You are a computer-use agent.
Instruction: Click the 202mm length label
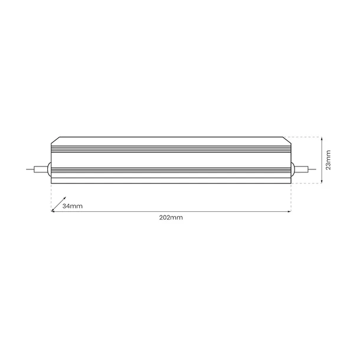(171, 218)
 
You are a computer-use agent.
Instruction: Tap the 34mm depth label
(73, 205)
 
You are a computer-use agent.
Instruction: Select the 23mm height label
(328, 160)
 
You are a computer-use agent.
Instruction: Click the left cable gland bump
(49, 169)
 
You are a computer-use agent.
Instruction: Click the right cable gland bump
(293, 169)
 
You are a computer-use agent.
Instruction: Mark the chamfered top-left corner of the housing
(54, 140)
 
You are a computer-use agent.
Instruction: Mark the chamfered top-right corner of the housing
(288, 140)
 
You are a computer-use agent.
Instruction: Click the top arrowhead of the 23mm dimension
(321, 139)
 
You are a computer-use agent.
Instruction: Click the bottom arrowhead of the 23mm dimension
(321, 182)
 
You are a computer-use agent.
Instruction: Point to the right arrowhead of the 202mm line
(290, 211)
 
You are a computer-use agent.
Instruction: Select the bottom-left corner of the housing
(51, 183)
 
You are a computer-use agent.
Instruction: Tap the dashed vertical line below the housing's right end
(291, 198)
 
